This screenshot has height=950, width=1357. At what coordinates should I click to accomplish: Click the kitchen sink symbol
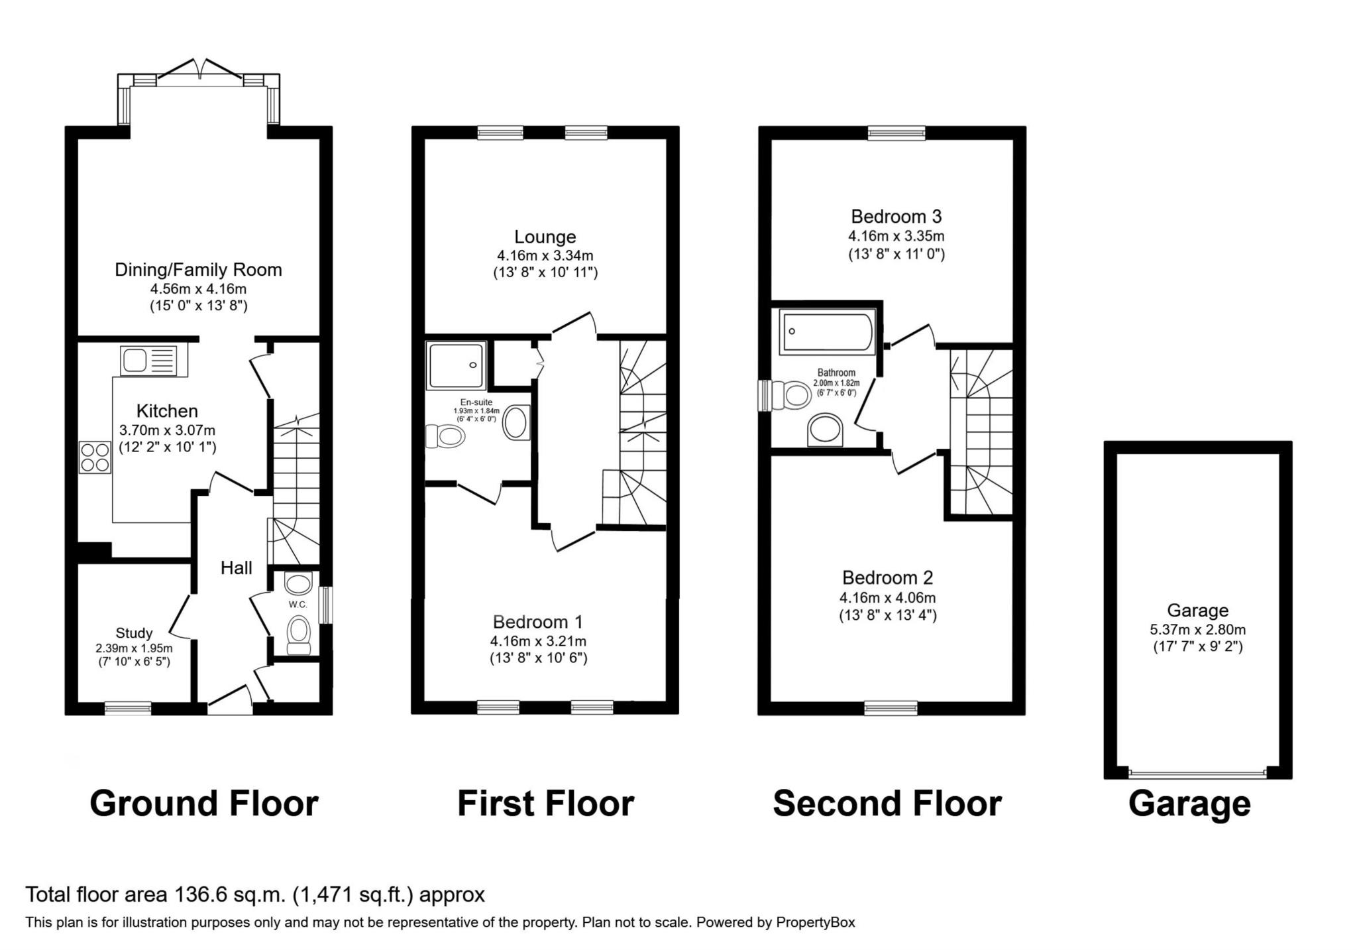click(149, 361)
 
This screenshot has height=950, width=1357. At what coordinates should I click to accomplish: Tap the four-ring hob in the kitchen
click(95, 457)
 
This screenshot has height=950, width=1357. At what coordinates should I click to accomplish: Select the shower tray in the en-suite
click(457, 365)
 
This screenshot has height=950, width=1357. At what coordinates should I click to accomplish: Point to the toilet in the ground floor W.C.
click(299, 632)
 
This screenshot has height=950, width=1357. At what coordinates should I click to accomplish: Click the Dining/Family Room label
click(198, 270)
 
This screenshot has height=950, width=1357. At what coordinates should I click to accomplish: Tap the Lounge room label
click(545, 237)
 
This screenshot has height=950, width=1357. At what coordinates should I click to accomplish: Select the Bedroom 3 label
click(896, 217)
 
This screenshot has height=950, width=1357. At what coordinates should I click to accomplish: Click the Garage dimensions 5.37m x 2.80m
click(1197, 630)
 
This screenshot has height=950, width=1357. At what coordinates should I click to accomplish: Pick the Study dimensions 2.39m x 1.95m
click(134, 648)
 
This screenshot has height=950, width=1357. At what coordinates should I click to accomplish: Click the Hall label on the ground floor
click(237, 568)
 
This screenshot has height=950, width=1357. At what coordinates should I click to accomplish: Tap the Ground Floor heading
click(203, 803)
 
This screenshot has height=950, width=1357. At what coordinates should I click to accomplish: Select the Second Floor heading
click(887, 803)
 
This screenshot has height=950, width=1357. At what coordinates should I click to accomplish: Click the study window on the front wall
click(128, 709)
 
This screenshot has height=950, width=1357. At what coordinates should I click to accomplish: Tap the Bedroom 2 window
click(891, 709)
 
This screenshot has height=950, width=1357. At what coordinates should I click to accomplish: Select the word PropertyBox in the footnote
click(815, 922)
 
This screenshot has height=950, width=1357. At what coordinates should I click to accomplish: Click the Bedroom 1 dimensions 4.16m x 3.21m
click(538, 641)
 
